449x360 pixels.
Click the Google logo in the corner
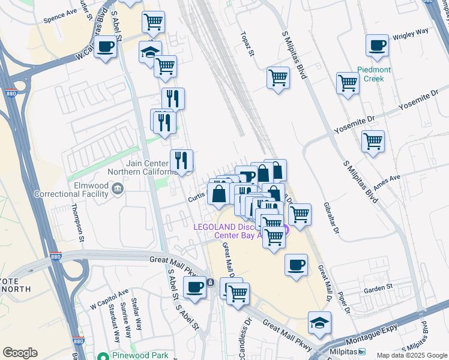pos(20,353)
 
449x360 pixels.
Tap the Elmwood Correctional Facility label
pos(71,190)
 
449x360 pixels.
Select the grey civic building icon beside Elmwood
pos(117,191)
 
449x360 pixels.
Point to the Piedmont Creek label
pos(375,74)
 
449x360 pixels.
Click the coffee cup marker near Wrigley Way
pos(377,46)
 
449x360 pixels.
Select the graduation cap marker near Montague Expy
pos(320,323)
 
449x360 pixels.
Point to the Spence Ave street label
pos(60,16)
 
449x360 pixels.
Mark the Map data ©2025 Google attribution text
pos(411,355)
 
